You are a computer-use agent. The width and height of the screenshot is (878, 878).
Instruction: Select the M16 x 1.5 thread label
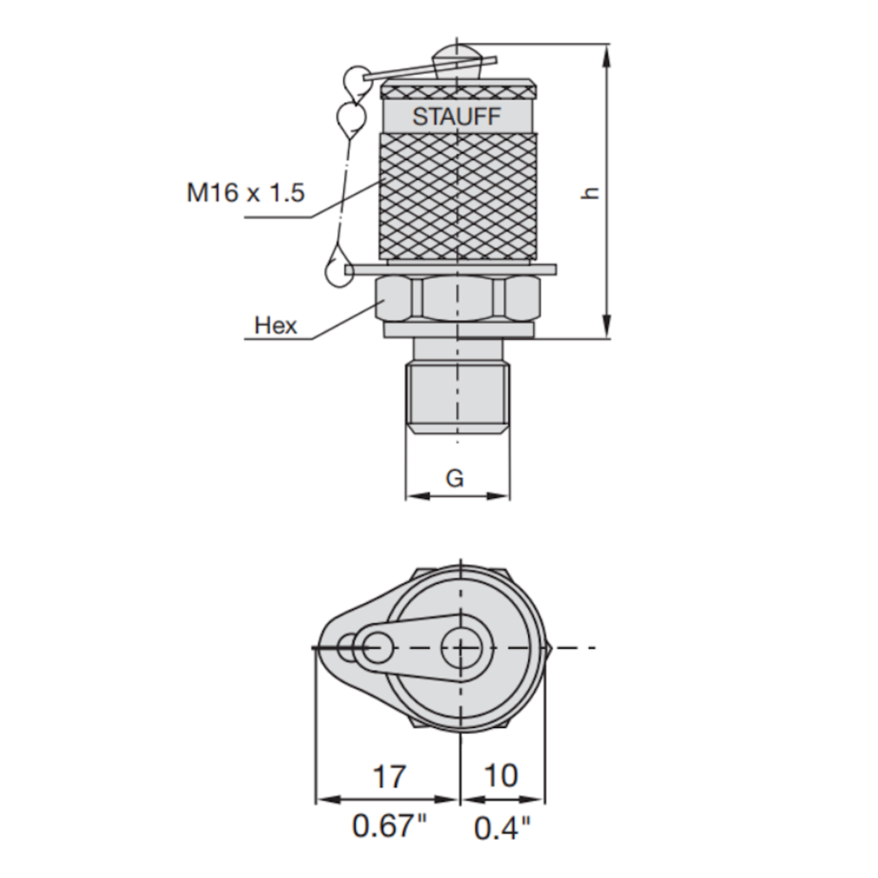(x=246, y=192)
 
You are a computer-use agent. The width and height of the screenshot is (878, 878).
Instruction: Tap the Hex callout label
(x=275, y=325)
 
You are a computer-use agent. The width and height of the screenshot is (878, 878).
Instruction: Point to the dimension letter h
(x=589, y=192)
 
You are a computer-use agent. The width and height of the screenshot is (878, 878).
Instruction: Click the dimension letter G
(x=454, y=478)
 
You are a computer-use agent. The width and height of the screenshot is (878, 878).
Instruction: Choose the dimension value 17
(x=388, y=777)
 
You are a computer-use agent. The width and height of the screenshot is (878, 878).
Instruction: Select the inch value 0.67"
(x=389, y=827)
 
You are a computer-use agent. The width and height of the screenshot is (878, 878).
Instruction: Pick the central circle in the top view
(x=460, y=647)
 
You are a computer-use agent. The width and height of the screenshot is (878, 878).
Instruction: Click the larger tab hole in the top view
(x=375, y=647)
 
